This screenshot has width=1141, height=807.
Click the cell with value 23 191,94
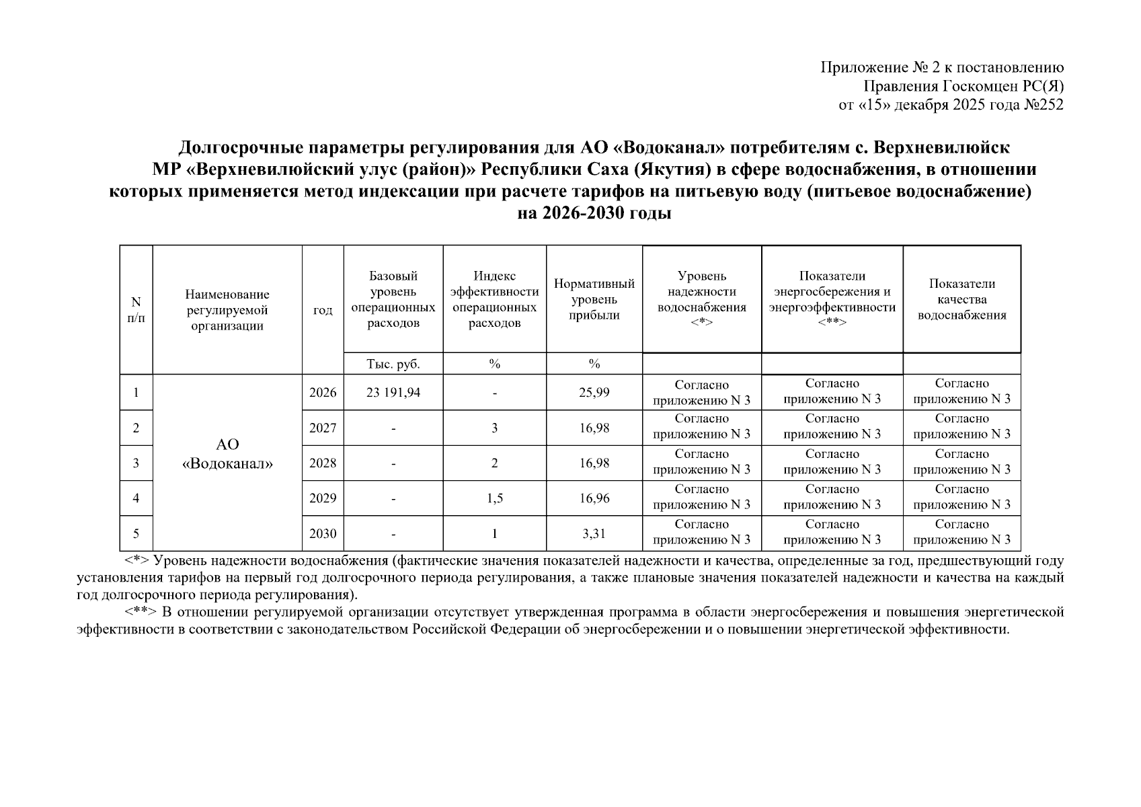coord(393,392)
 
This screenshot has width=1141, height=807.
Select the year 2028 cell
coord(323,463)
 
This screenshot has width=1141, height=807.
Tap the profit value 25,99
coord(594,392)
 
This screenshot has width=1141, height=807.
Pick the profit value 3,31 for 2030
coord(594,534)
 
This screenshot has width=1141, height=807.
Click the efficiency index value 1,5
coord(494,498)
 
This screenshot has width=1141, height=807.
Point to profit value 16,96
coord(594,498)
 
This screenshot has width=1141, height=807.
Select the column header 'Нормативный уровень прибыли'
coord(594,299)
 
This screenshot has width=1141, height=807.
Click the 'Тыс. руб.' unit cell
coord(393,364)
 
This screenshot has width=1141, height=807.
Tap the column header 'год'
coord(323,310)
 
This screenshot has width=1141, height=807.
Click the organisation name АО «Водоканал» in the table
coord(227,454)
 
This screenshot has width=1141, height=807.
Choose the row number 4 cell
coord(136,498)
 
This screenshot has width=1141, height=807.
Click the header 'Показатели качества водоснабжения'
coord(961,299)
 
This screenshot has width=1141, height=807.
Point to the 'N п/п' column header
coord(136,310)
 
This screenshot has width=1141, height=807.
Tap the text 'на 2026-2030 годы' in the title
coord(594,214)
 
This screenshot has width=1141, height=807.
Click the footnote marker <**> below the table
coord(141,613)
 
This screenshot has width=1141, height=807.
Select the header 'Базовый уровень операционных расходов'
coord(393,299)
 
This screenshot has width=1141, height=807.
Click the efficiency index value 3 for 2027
coord(494,428)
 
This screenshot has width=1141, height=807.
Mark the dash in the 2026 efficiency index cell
coord(494,393)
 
